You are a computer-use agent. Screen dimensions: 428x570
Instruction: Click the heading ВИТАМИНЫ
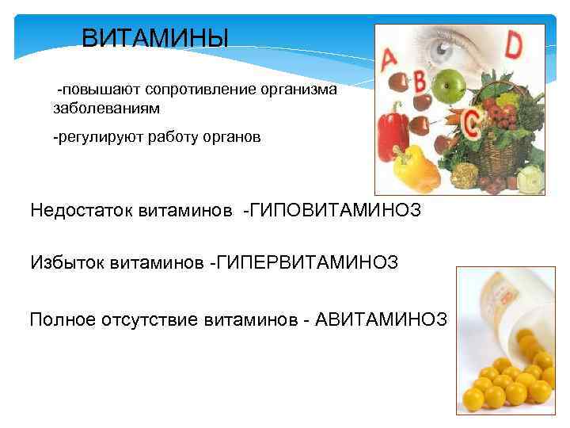155,37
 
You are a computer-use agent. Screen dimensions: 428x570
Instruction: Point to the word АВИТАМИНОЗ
382,319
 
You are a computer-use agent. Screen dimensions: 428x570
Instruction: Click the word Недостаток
81,211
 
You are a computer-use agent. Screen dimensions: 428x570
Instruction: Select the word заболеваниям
95,107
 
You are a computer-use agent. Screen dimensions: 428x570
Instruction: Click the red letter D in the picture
515,45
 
